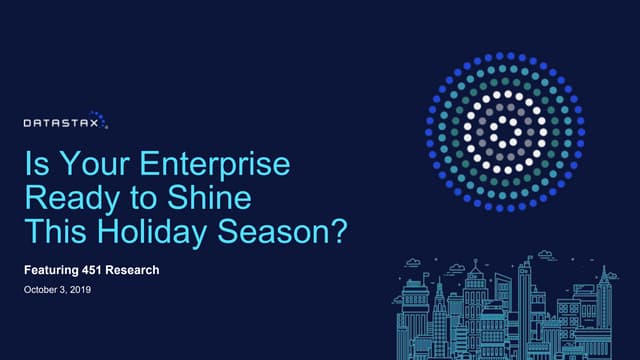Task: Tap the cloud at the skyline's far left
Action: (x=410, y=263)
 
